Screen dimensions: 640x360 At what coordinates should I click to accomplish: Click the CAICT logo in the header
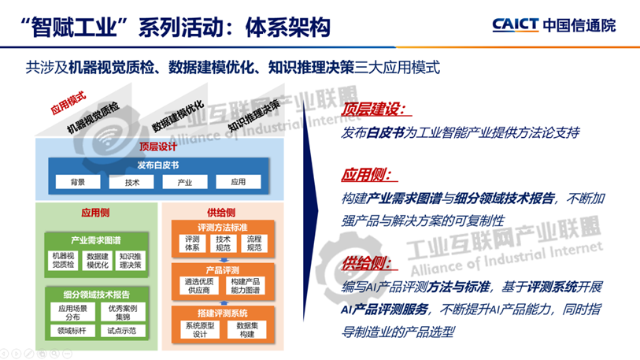564,24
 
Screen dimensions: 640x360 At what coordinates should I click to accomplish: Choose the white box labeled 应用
238,182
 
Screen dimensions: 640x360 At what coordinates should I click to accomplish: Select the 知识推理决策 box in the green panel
130,261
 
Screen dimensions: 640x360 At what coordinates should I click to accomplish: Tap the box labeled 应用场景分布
72,313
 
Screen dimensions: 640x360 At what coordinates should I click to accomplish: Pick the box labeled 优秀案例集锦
123,313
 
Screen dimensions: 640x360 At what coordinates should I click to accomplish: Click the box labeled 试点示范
123,331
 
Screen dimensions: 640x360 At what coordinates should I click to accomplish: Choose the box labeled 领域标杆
72,331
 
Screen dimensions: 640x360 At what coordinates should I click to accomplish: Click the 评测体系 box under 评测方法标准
193,243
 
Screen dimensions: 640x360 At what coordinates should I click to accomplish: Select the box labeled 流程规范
253,243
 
